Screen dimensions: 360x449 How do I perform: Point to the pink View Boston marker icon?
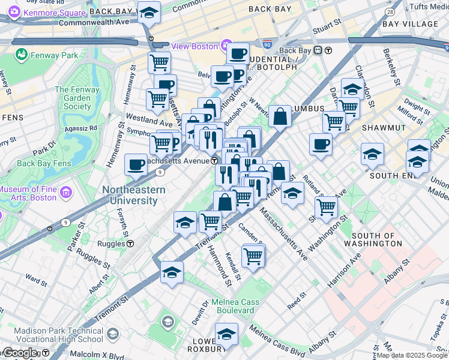pos(226,45)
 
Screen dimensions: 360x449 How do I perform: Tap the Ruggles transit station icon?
pos(130,244)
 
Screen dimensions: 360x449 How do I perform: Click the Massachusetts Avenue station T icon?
pos(214,161)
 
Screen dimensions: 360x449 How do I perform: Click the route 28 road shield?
pos(390,12)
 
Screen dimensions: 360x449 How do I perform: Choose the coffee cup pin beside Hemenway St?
pos(136,165)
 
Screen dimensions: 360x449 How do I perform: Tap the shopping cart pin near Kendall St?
pos(253,256)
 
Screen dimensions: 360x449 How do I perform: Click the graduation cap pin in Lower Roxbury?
pos(226,334)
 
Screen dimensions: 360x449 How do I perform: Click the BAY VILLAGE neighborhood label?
pos(410,24)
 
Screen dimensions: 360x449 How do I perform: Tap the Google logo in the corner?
pos(20,353)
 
